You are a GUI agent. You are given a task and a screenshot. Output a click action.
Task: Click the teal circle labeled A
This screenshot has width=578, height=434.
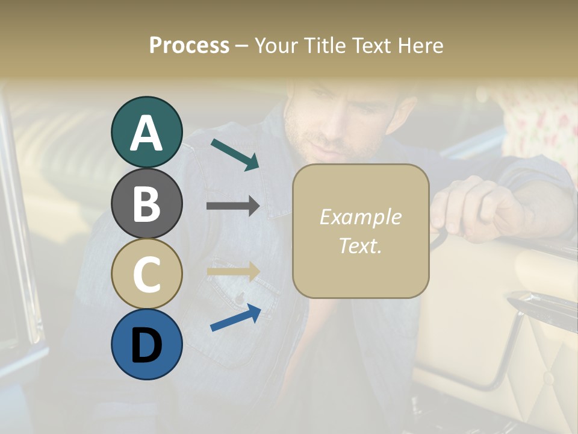point(146,132)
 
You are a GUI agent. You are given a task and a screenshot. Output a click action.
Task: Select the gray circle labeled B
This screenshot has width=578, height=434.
point(146,203)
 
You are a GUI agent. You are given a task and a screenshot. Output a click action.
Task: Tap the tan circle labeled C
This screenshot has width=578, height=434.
point(146,274)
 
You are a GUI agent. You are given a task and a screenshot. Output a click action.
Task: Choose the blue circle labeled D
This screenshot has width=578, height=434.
point(146,344)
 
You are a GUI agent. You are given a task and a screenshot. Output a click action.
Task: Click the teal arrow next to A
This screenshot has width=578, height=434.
point(235,154)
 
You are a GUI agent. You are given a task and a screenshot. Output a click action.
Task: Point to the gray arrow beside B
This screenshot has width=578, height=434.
point(233,206)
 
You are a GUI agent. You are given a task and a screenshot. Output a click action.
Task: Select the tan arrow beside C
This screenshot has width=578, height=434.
point(233,272)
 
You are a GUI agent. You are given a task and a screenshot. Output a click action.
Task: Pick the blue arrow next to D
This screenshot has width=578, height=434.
point(235,318)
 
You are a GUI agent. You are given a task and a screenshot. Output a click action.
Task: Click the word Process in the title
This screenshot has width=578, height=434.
point(189,46)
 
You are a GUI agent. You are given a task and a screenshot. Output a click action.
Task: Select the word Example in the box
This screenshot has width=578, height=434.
point(360,217)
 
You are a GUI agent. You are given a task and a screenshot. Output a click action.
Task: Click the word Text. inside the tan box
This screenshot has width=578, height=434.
point(360,245)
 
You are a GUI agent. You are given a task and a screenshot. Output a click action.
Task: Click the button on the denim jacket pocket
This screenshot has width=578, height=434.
point(240,298)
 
